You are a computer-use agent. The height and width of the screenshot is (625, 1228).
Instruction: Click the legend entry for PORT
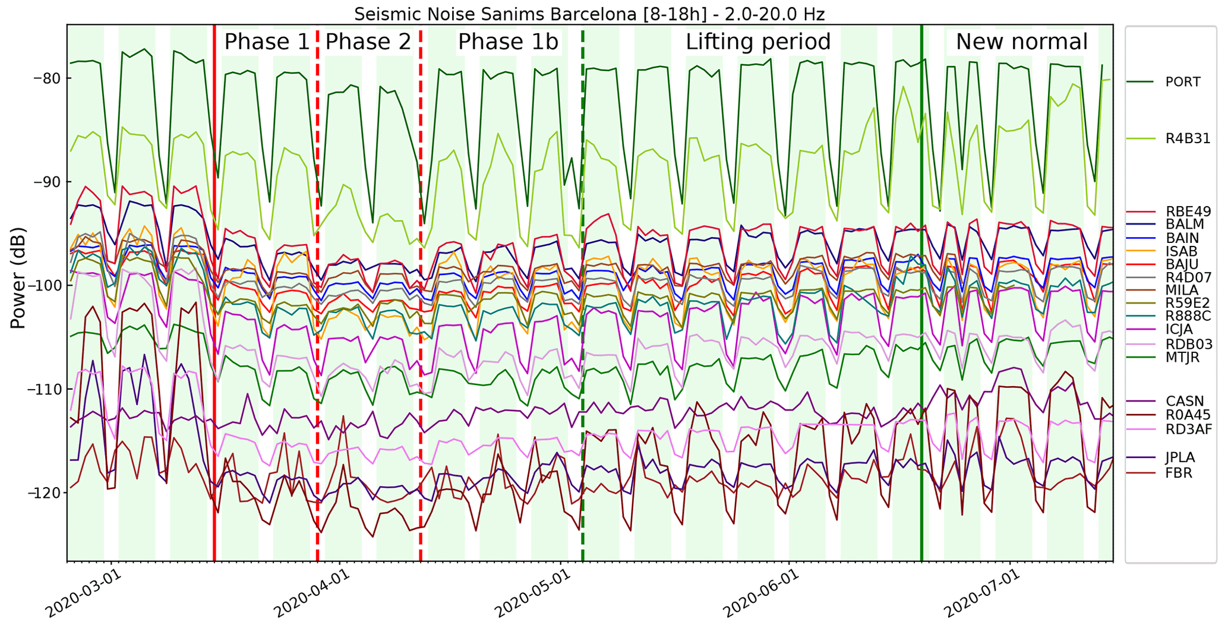(x=1182, y=82)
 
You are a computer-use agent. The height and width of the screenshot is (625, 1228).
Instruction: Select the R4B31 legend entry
(x=1187, y=139)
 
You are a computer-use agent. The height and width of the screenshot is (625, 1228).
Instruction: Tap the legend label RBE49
(x=1188, y=212)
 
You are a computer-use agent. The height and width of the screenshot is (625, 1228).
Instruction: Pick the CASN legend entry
(x=1184, y=402)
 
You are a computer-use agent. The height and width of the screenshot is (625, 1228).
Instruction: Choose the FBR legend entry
(x=1179, y=474)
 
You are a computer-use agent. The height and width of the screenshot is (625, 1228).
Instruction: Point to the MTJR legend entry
(x=1182, y=358)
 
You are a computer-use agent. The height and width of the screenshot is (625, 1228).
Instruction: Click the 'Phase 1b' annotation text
(x=508, y=42)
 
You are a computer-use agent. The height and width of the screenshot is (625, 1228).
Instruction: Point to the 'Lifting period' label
(x=758, y=42)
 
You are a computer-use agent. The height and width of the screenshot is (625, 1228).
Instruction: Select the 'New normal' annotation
(x=1022, y=42)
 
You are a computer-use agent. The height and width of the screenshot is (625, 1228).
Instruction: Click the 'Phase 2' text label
(x=368, y=42)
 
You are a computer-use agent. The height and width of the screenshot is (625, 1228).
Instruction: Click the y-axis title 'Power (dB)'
(x=18, y=277)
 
